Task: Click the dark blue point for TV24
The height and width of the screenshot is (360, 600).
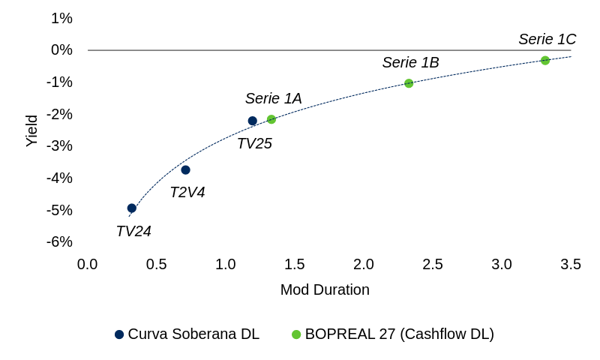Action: click(x=132, y=208)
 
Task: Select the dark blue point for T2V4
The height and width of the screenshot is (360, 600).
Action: click(x=185, y=170)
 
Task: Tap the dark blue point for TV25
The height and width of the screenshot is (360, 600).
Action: click(x=253, y=121)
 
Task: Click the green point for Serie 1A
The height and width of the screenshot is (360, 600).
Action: click(x=271, y=119)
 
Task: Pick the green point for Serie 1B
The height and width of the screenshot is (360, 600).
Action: click(x=409, y=83)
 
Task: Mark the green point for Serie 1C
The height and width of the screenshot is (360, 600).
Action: click(x=545, y=61)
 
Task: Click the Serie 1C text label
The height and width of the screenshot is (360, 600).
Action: click(x=547, y=40)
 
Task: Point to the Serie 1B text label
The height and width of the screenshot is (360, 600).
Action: click(x=410, y=63)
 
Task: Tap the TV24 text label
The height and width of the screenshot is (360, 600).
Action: click(x=133, y=231)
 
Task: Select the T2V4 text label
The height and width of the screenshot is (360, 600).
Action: click(x=187, y=193)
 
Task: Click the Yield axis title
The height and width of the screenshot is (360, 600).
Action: click(x=31, y=130)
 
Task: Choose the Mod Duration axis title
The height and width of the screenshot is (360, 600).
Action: click(x=325, y=289)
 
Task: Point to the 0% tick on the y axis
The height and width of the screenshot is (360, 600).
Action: click(x=61, y=50)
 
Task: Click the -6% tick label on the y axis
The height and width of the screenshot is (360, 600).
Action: click(x=59, y=241)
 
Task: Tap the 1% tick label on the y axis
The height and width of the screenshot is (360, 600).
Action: click(x=61, y=18)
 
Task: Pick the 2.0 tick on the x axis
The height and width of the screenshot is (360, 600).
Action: click(x=364, y=264)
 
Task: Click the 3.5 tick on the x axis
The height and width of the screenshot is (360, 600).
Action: click(x=571, y=264)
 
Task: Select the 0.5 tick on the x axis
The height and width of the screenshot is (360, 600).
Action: click(x=157, y=264)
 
